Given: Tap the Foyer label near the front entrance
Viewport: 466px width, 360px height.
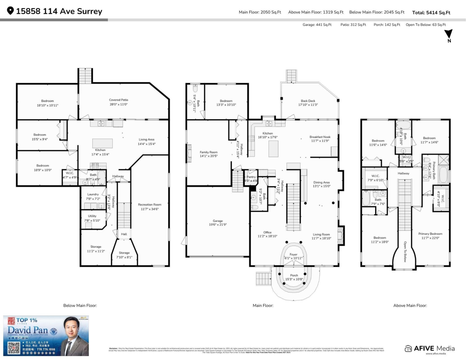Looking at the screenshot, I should (x=293, y=256).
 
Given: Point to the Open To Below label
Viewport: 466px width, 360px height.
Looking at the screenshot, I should (x=405, y=252).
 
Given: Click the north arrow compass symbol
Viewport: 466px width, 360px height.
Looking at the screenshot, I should (x=449, y=34).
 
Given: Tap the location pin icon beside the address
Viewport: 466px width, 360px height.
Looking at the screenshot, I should (x=10, y=11).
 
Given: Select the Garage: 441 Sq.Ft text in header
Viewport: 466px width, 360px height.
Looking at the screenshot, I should (x=317, y=25).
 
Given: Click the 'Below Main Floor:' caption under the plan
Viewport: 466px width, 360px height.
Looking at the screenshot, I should (x=80, y=306).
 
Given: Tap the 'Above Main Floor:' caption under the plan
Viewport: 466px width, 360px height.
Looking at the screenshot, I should (x=410, y=306).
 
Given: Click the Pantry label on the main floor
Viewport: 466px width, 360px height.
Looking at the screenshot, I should (x=250, y=179).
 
